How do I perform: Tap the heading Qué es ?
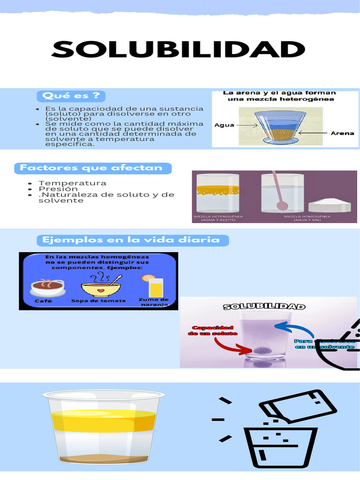point(71,96)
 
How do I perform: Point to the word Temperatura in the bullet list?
point(72,183)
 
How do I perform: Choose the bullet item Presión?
point(58,189)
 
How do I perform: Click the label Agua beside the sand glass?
point(225,125)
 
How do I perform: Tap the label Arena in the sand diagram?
point(342,133)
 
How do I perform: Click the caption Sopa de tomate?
point(98,301)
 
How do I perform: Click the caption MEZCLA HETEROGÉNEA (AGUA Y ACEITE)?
point(215,218)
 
